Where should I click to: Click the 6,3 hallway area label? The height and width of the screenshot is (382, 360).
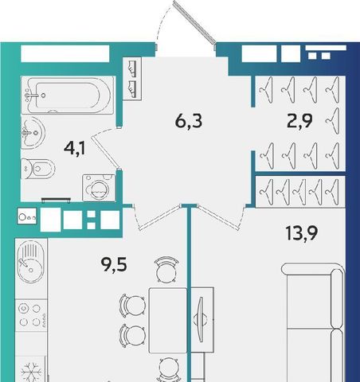189,122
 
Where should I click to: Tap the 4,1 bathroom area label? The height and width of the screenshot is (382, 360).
75,148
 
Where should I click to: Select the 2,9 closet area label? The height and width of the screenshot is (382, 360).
299,121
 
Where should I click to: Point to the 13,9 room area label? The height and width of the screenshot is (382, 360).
301,233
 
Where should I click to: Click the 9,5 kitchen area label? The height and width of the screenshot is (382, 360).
114,264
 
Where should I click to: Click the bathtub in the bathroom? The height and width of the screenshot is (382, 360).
68,95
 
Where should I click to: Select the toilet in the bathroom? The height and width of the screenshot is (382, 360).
37,168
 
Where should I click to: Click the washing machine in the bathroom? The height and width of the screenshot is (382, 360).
99,188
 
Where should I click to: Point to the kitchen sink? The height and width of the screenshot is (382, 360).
29,262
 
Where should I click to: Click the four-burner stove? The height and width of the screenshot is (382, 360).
31,315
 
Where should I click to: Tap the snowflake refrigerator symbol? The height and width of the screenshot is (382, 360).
31,372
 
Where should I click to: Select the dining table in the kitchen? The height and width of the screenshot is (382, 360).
167,321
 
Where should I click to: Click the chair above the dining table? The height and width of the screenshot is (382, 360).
166,269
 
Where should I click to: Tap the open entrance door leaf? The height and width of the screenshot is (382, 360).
194,21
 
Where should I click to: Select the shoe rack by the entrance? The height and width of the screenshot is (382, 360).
132,79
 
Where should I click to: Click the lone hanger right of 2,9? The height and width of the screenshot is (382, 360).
333,121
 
